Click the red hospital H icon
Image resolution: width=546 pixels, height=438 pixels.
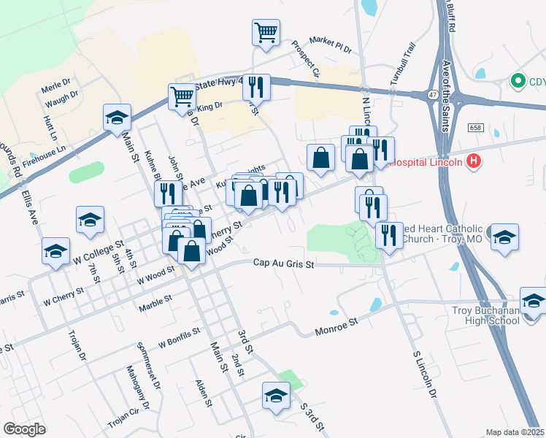coord(474,161)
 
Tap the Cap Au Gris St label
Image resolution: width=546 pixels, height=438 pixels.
coord(283,264)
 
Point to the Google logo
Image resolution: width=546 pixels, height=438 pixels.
coord(25,429)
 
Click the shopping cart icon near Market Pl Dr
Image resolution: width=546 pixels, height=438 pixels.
coord(266,32)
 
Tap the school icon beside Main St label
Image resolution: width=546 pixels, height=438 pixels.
coord(117,120)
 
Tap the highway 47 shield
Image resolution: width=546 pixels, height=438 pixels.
coord(434,95)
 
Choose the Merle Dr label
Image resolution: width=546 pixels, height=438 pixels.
coord(55,85)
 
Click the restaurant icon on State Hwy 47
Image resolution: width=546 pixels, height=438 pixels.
coord(256,87)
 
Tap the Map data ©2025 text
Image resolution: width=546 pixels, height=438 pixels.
coord(515,432)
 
